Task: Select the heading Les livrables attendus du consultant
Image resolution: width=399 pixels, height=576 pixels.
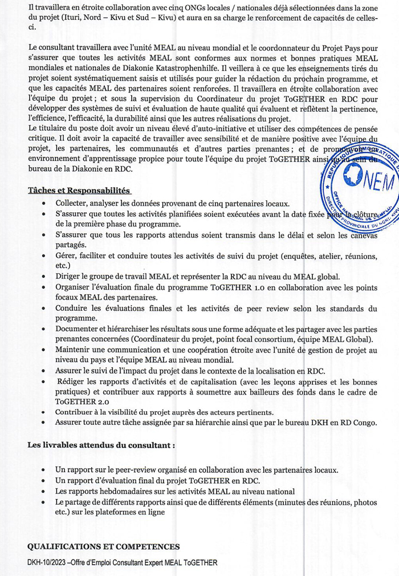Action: (x=101, y=444)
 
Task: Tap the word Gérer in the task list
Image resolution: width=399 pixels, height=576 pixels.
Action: (x=66, y=255)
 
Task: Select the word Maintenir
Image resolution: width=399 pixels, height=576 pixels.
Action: (x=74, y=350)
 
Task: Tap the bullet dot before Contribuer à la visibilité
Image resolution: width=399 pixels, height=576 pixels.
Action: (x=44, y=412)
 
